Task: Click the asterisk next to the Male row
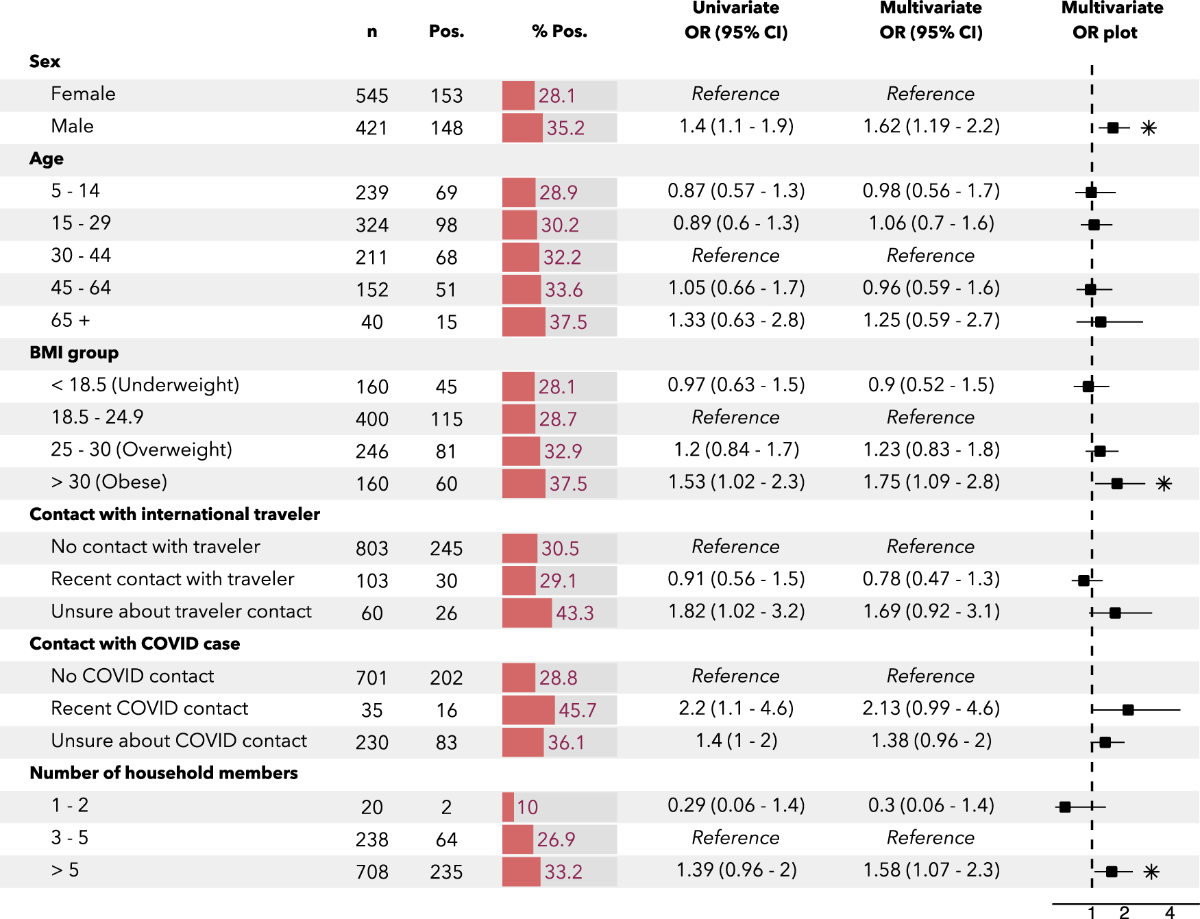(x=1149, y=128)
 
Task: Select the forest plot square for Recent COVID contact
(x=1128, y=710)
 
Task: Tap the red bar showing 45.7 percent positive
(x=528, y=710)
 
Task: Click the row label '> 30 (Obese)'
(x=109, y=482)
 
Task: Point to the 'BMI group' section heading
(x=74, y=353)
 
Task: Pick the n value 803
(x=371, y=548)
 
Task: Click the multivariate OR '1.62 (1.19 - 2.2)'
(x=931, y=126)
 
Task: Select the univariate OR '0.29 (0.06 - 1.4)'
(x=736, y=805)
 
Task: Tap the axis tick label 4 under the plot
(x=1170, y=912)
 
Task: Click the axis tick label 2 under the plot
(x=1124, y=912)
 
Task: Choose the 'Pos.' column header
(x=446, y=32)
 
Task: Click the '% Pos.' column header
(x=559, y=32)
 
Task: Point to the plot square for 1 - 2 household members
(x=1065, y=807)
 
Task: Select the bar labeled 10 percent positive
(x=509, y=807)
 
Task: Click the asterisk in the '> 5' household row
(x=1151, y=872)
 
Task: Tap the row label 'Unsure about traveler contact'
(x=181, y=611)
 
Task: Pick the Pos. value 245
(x=446, y=548)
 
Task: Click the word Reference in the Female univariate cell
(x=735, y=94)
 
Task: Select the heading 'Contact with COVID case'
(x=135, y=644)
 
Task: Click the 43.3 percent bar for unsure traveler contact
(x=526, y=613)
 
